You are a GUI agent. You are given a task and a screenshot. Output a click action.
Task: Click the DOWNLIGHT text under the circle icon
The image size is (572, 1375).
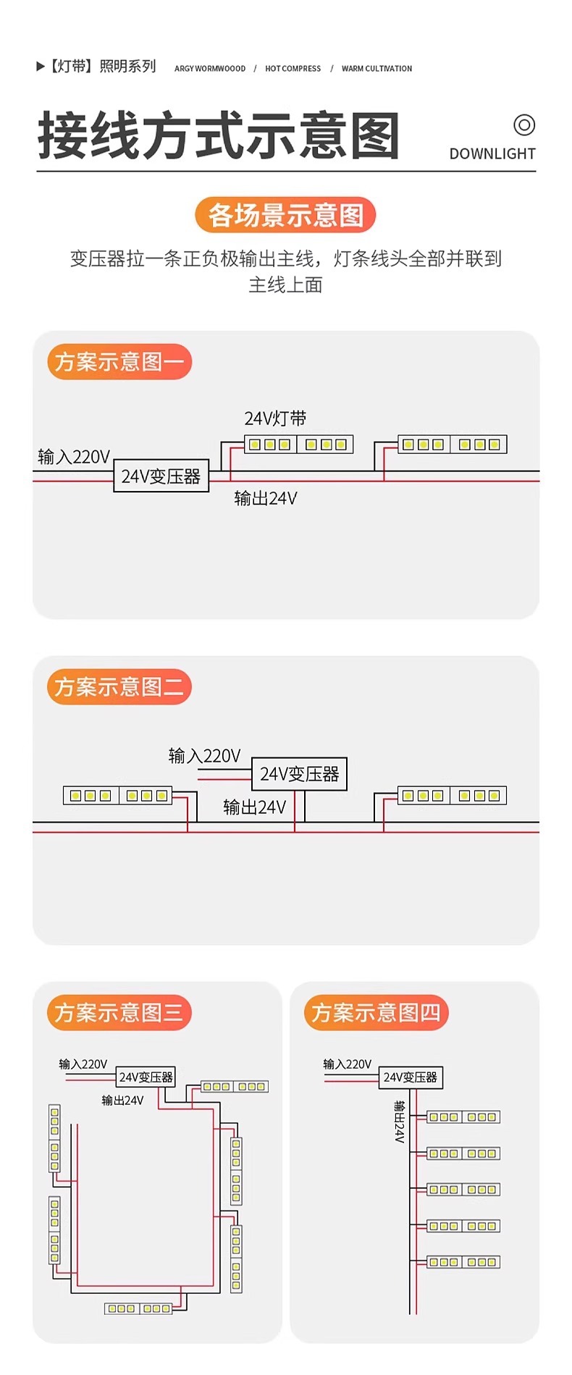pos(492,154)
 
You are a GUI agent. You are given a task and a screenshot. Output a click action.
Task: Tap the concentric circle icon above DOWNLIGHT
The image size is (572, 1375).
pos(524,125)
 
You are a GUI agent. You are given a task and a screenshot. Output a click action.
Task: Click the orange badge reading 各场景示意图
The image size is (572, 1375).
pos(285,215)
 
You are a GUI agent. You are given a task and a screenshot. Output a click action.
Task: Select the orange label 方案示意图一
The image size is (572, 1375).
pos(119,361)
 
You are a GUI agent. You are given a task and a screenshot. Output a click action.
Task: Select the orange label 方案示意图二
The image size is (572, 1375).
pos(119,686)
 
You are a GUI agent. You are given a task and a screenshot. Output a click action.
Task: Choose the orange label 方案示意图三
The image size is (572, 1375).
pos(119,1012)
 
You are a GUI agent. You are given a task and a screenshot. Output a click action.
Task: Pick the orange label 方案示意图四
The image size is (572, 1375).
pos(377,1012)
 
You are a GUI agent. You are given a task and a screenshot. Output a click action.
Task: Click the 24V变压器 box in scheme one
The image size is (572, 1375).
pos(161,476)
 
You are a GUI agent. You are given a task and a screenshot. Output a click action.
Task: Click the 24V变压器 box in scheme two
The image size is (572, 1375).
pos(299,774)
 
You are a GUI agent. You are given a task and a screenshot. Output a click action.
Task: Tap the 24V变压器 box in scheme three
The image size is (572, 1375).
pos(146,1077)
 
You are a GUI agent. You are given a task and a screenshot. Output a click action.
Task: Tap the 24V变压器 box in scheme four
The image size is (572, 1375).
pos(411,1077)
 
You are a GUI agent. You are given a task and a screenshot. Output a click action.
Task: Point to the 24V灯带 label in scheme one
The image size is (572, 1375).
pos(275,419)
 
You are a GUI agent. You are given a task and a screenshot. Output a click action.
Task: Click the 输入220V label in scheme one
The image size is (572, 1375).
pos(74,457)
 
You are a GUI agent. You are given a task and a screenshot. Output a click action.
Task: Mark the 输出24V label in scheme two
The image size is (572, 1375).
pos(254,807)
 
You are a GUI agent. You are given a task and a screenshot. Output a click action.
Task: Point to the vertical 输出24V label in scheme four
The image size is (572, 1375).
pos(399,1122)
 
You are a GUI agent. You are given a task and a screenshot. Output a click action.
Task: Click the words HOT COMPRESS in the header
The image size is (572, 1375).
pos(293,69)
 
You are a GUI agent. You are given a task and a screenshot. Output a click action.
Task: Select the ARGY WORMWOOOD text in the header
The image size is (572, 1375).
pos(210,69)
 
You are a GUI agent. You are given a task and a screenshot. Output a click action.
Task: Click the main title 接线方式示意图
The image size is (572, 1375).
pos(219,136)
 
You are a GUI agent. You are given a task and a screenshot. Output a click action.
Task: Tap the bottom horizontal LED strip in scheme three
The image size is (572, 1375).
pos(138,1308)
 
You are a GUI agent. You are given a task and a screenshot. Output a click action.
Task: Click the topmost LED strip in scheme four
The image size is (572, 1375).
pos(463,1117)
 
